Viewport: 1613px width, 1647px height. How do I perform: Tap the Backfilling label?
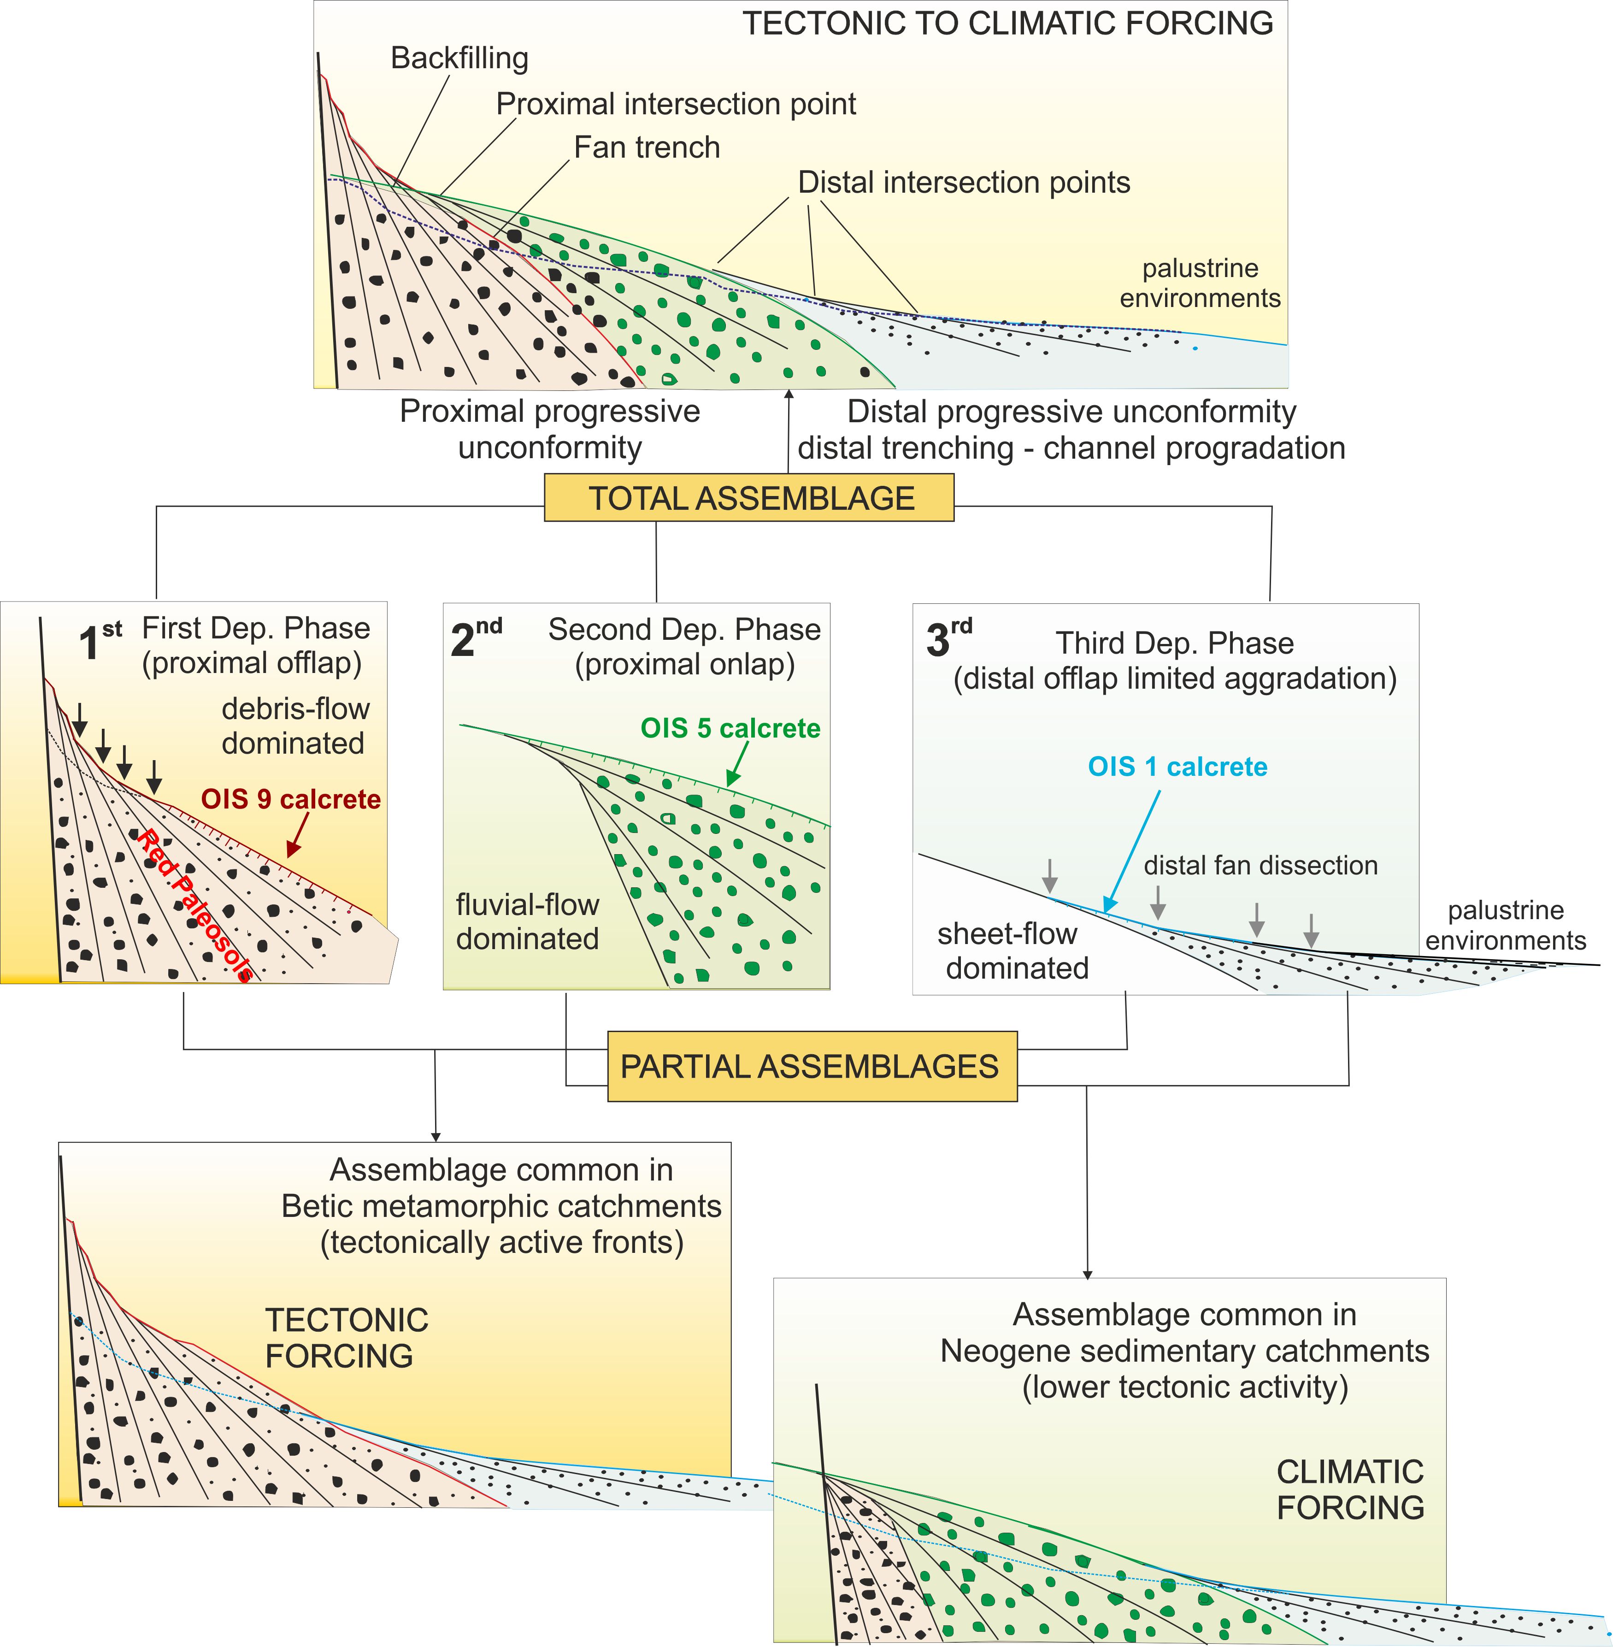[459, 59]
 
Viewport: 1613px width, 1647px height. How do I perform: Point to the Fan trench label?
[647, 148]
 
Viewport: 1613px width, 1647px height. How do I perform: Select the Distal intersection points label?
[964, 182]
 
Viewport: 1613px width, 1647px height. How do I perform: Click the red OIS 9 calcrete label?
[291, 799]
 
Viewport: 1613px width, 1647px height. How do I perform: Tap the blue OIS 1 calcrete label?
[1177, 767]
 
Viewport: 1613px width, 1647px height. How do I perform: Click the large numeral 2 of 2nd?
[463, 641]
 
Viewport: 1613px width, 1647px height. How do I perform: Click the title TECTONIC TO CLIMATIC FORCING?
[1007, 24]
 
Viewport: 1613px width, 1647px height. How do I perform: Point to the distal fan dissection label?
[1260, 865]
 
